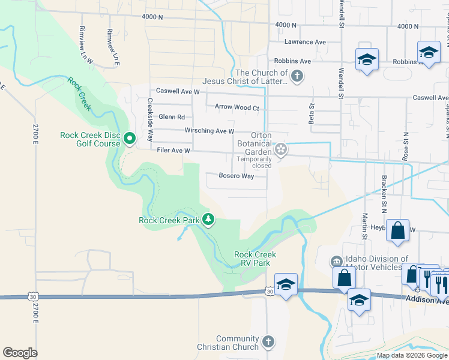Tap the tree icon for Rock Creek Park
[208, 220]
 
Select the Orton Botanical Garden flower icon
[280, 149]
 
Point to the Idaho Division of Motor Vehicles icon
[336, 262]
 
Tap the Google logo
[20, 352]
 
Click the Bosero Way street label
[236, 176]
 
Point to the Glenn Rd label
[172, 117]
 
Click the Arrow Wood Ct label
[237, 108]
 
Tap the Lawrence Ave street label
[305, 42]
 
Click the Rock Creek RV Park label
[256, 259]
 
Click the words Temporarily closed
[258, 163]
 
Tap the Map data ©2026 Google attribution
[411, 355]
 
